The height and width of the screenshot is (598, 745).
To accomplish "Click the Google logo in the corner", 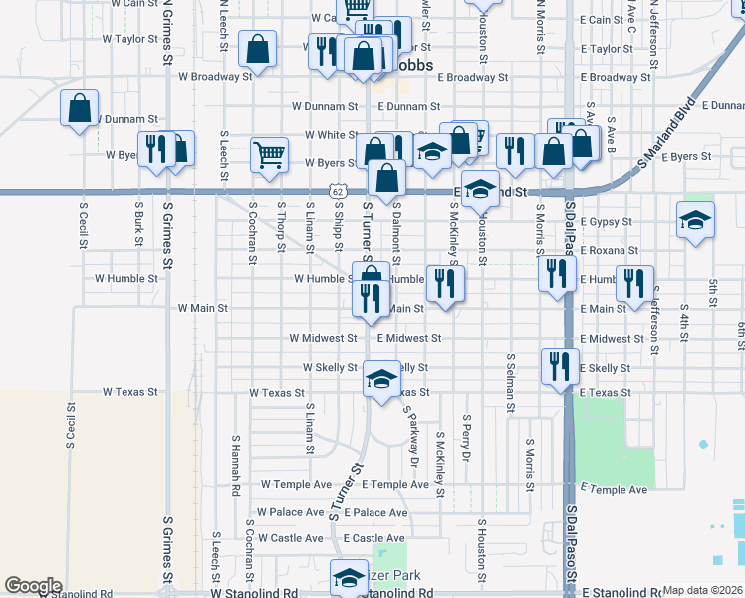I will pyautogui.click(x=34, y=586).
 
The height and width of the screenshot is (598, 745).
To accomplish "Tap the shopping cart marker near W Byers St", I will pyautogui.click(x=269, y=154).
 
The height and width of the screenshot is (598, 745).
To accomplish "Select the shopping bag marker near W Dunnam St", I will pyautogui.click(x=79, y=107).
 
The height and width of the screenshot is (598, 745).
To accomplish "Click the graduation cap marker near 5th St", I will pyautogui.click(x=695, y=220).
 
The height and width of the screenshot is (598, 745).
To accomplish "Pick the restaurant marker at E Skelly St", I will pyautogui.click(x=560, y=365).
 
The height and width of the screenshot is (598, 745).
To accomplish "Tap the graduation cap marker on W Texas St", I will pyautogui.click(x=380, y=379).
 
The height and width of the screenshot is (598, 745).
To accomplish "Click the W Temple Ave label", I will pyautogui.click(x=296, y=484).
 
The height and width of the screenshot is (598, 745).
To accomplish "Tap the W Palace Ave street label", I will pyautogui.click(x=290, y=512).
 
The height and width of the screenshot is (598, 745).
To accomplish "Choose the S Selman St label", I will pyautogui.click(x=510, y=382).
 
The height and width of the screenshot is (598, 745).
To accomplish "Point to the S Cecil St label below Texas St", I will pyautogui.click(x=70, y=425).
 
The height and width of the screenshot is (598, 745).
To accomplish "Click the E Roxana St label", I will pyautogui.click(x=609, y=250).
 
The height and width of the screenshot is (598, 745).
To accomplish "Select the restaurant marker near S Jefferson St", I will pyautogui.click(x=634, y=283).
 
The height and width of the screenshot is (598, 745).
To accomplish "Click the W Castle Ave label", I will pyautogui.click(x=290, y=538).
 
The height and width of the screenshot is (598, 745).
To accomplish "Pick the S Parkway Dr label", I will pyautogui.click(x=413, y=441).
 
